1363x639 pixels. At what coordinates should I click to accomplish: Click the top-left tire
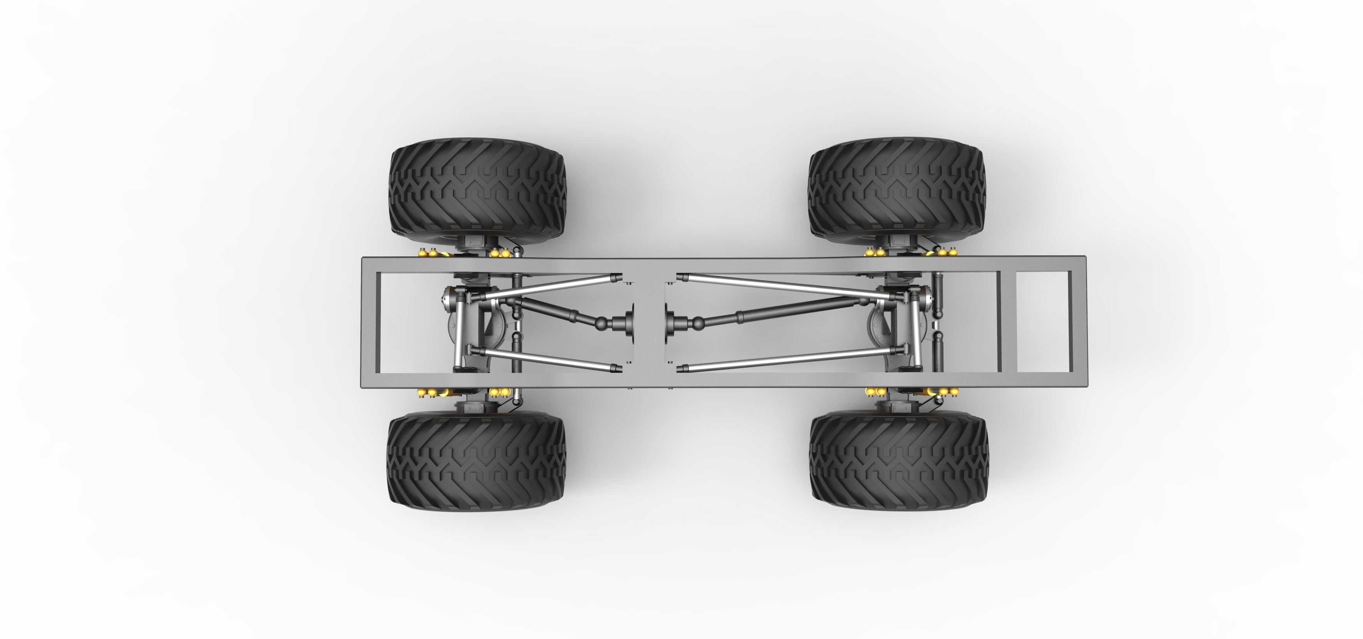pos(477,193)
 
